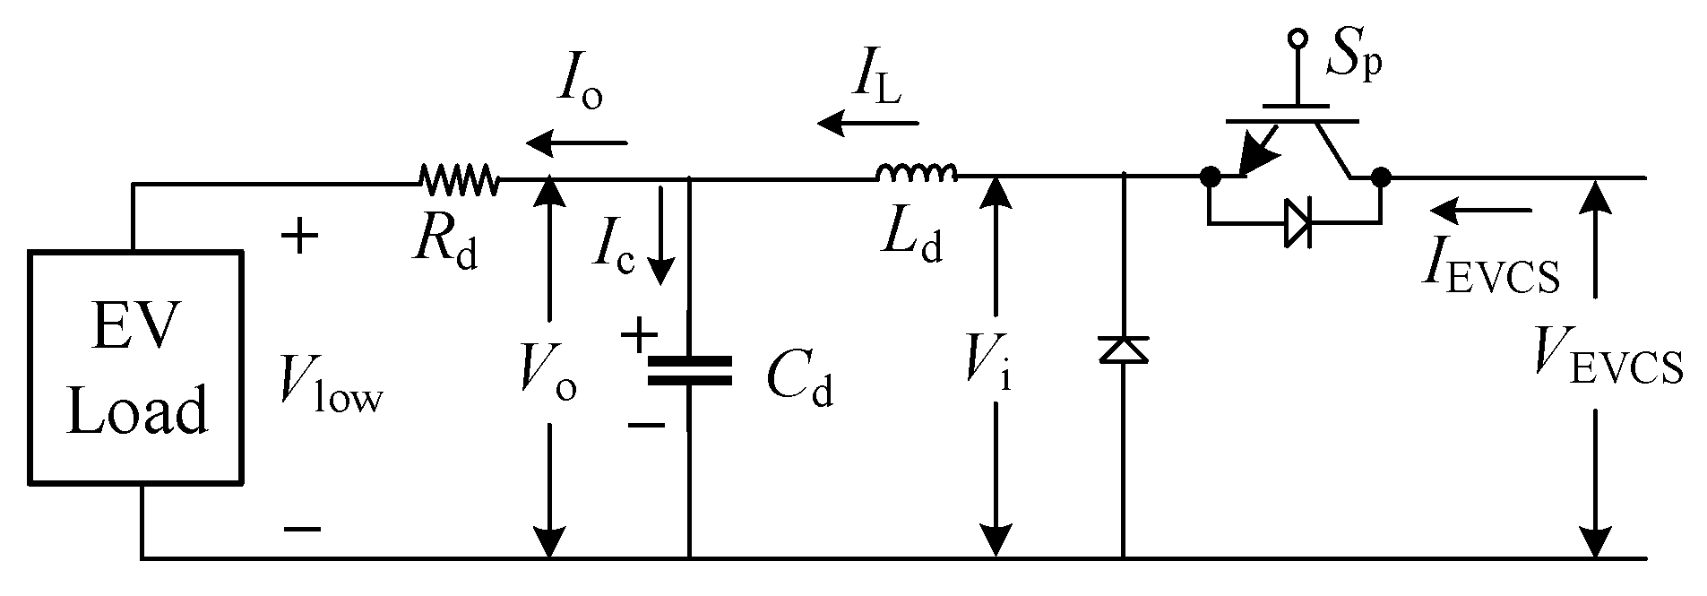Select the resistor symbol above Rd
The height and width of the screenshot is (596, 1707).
coord(459,179)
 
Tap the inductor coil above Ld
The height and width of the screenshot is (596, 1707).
coord(917,172)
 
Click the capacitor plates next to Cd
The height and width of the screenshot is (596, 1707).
coord(689,370)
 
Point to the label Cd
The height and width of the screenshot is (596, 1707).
coord(799,383)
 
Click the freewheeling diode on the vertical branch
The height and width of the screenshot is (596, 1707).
coord(1124,350)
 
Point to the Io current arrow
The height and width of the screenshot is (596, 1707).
coord(577,143)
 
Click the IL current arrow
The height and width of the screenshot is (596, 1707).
coord(867,122)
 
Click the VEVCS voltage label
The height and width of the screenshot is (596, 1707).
coord(1606,358)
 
